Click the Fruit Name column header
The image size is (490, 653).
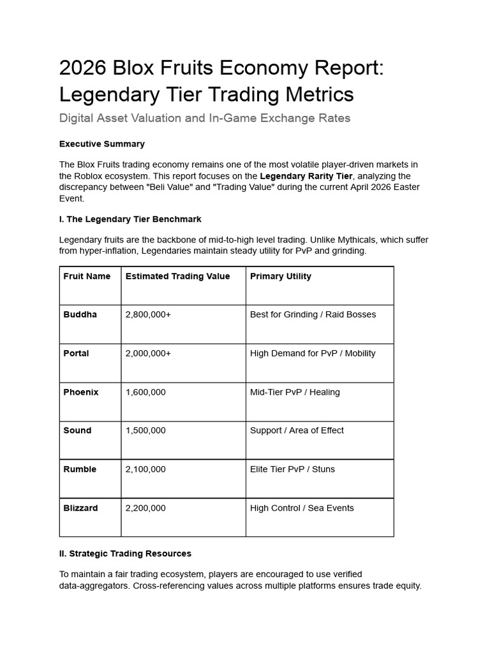pos(87,276)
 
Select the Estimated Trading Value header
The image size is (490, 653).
pos(177,276)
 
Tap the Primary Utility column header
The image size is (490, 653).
pos(281,276)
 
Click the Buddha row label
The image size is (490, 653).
pos(80,314)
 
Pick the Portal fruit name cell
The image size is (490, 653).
pos(77,353)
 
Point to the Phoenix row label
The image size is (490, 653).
pos(81,392)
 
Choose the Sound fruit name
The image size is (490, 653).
pos(77,430)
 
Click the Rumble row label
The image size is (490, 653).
pos(80,469)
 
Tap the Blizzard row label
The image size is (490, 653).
pos(81,508)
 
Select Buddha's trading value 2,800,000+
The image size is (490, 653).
pos(148,314)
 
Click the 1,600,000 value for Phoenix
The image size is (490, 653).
pos(145,392)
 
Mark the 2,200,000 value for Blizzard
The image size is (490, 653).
pos(145,508)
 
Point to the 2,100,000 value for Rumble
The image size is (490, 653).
pos(145,469)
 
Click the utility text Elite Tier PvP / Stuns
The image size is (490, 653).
pos(292,469)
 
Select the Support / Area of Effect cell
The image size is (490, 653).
pos(297,430)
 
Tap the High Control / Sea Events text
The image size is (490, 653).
pos(302,508)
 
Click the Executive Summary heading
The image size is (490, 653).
pos(102,144)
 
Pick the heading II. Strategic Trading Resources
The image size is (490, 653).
pos(125,554)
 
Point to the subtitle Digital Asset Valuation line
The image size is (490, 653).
pos(204,118)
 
